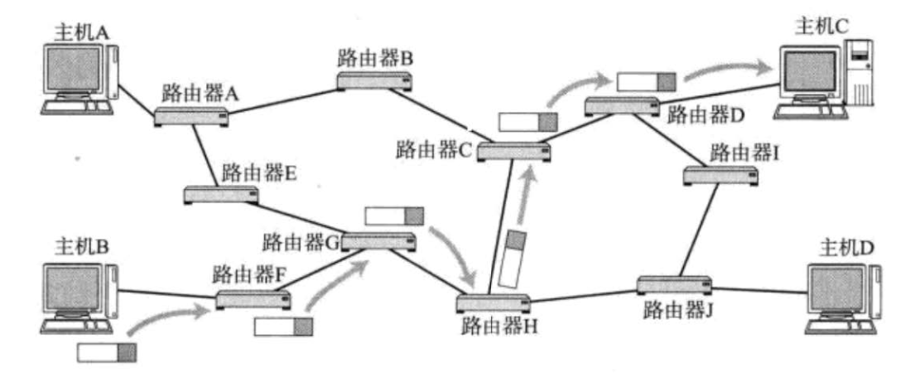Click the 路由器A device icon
point(191,116)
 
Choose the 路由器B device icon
point(374,80)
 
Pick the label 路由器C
point(433,149)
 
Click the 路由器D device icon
point(620,105)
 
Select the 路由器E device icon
point(220,196)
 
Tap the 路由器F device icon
point(253,299)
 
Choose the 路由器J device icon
point(675,285)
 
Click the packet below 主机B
point(106,352)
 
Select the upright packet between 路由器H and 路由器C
point(513,257)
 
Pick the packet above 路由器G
point(394,216)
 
